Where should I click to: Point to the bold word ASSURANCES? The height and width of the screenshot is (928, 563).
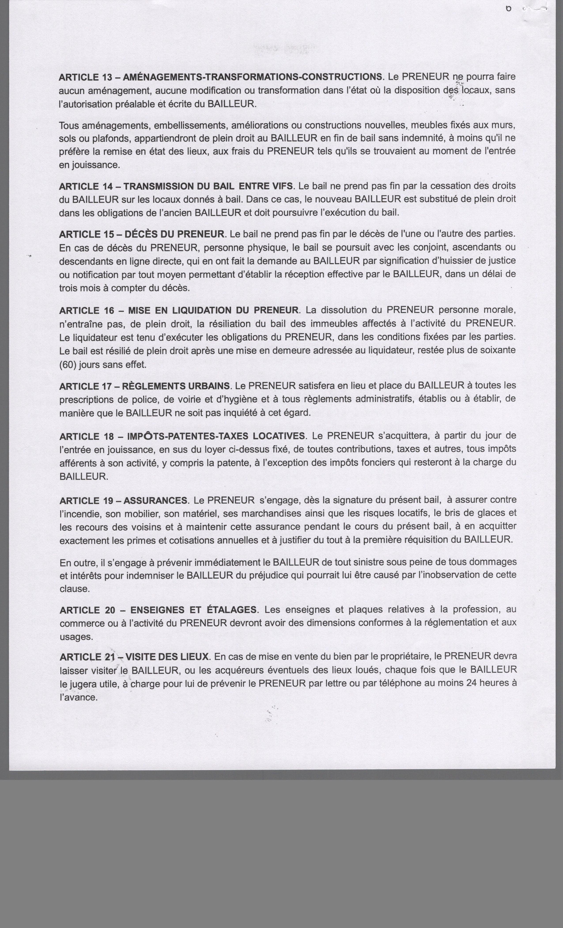155,500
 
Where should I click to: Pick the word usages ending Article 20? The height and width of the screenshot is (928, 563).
76,637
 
